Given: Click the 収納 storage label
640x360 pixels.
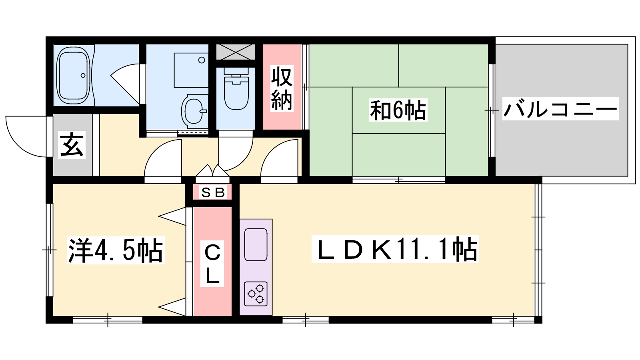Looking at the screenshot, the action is pos(282,87).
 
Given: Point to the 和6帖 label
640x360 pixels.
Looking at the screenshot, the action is pos(398,109).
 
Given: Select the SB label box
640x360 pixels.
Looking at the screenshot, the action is pos(213,192).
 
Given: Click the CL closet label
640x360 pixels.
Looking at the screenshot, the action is pos(213,262).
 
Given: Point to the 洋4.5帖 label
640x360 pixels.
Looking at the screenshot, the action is pos(116,250).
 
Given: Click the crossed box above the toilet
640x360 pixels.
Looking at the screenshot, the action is pos(236,50).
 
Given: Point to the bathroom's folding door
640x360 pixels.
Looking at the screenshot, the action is pos(126,78).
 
